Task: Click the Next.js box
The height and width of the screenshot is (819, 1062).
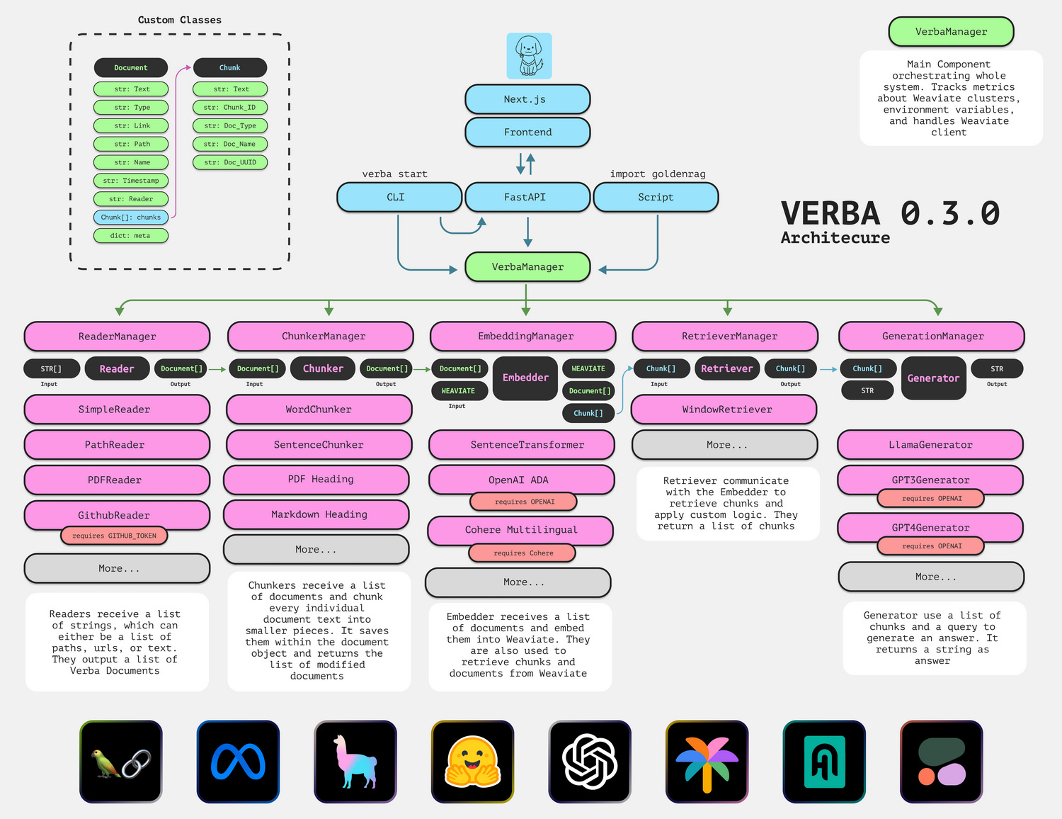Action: coord(527,99)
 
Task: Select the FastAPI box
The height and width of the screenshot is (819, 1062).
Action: coord(527,197)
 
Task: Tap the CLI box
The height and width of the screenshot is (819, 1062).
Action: coord(399,197)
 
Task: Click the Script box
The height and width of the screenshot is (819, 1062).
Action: coord(656,197)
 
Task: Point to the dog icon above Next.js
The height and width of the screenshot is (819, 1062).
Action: coord(529,56)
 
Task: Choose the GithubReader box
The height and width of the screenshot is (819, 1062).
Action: coord(117,514)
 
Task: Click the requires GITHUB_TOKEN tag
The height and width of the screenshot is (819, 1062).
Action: coord(114,536)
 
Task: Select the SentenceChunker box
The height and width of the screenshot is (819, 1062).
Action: coord(319,445)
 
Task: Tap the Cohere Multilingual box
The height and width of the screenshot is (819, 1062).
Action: coord(520,530)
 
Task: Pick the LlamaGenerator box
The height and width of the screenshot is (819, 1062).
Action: coord(930,445)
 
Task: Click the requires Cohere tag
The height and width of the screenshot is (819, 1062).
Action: coord(523,553)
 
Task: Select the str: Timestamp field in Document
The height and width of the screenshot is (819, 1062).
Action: coord(131,181)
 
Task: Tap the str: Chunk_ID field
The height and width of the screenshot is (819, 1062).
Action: coord(230,108)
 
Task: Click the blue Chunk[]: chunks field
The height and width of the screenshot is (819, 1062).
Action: coord(131,218)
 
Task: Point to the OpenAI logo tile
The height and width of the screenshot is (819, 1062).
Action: coord(590,762)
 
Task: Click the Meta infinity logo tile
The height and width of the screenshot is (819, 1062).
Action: coord(238,762)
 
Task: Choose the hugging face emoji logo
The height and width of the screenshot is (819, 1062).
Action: coord(472,762)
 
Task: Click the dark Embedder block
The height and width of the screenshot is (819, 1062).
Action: coord(525,378)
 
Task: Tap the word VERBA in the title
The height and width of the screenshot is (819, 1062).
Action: coord(830,213)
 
